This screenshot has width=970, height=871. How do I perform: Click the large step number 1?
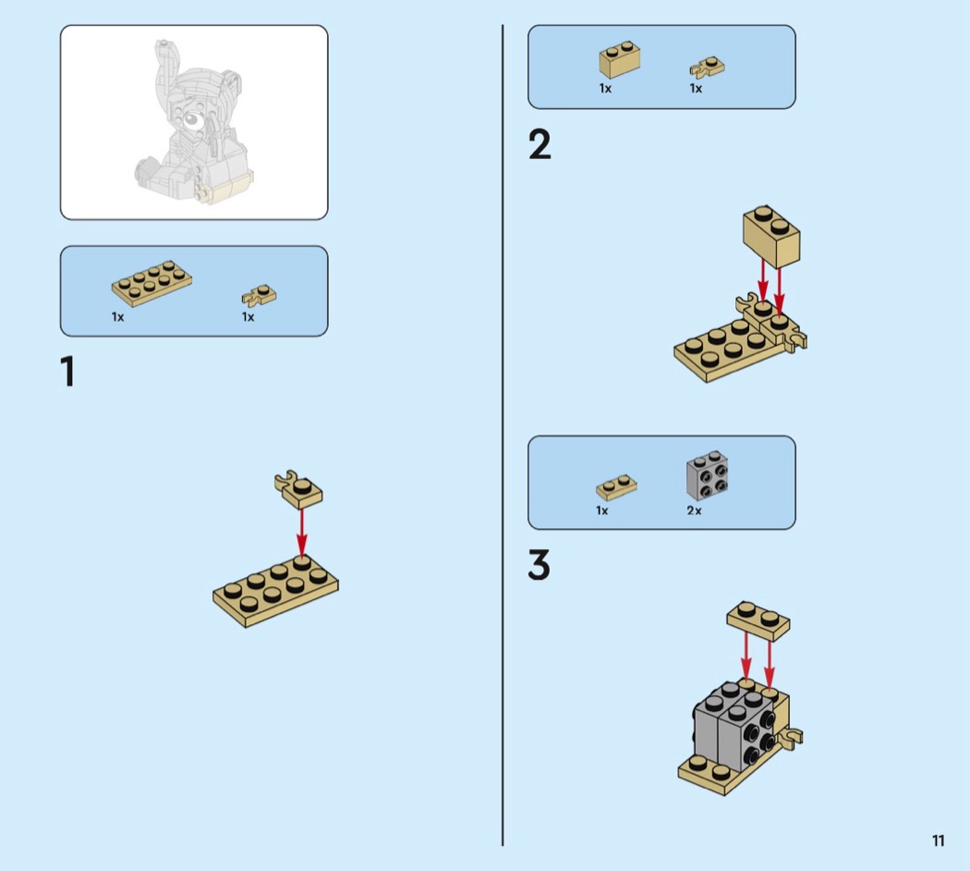(x=67, y=372)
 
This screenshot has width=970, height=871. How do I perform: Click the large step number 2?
(x=540, y=146)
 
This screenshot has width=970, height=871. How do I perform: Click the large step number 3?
(x=540, y=566)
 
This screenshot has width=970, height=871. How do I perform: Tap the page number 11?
(x=938, y=840)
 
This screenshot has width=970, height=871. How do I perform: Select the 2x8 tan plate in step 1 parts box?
(x=152, y=283)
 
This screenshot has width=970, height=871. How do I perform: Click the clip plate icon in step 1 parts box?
(x=260, y=295)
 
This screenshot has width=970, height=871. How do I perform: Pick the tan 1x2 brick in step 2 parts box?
(x=620, y=60)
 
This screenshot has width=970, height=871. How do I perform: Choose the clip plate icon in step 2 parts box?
(x=707, y=67)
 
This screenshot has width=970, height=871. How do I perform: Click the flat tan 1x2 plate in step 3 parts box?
(x=616, y=486)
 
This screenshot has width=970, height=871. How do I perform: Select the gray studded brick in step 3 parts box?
(x=707, y=475)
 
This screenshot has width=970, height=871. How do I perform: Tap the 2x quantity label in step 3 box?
(x=694, y=510)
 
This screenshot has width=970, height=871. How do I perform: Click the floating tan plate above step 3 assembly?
(x=758, y=620)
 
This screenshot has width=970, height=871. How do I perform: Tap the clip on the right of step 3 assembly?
(x=792, y=737)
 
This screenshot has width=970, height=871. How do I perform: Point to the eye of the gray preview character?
(x=188, y=119)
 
